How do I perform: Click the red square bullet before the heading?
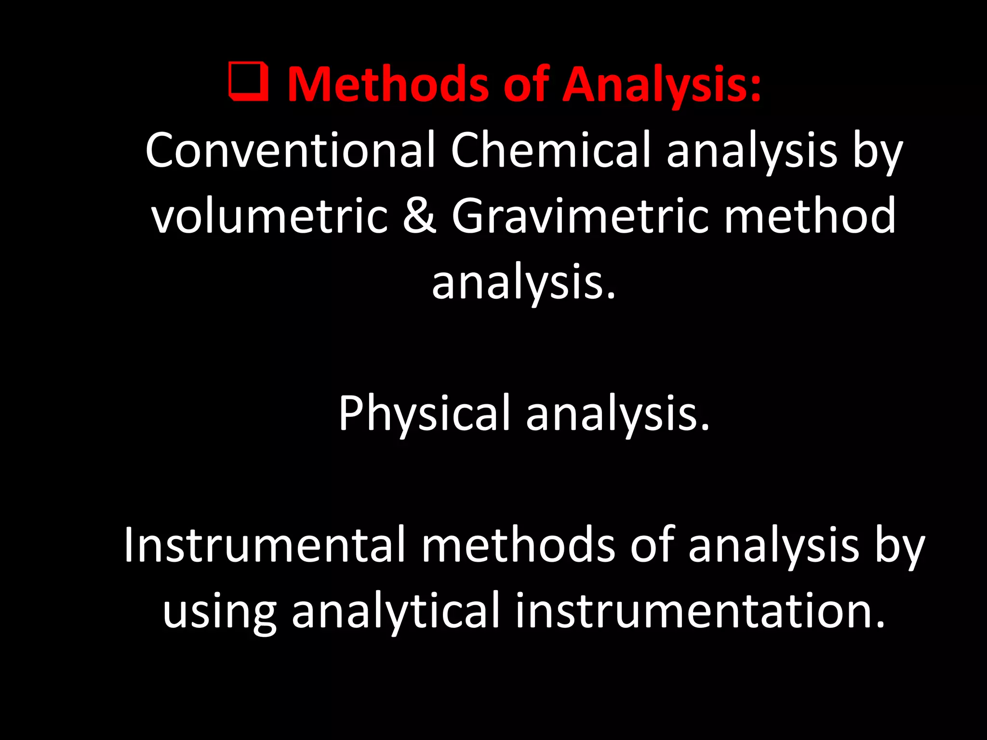(249, 81)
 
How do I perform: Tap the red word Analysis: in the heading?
(662, 84)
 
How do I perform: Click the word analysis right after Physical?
(618, 413)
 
